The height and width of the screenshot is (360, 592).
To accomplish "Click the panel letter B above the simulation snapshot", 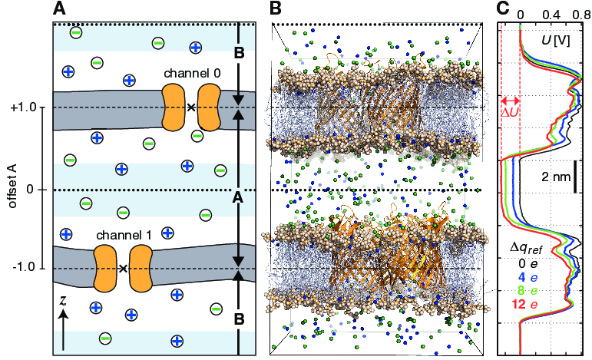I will (276, 9).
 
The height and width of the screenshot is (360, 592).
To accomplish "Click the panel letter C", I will (503, 9).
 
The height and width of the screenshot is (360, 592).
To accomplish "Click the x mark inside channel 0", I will (190, 107).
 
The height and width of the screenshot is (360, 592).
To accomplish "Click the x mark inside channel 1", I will (123, 268).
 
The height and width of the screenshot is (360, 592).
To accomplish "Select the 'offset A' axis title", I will (9, 189).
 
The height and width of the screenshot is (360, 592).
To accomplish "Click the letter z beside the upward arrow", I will (63, 301).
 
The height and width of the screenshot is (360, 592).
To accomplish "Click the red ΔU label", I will (509, 113).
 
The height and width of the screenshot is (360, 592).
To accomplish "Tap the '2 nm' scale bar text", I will (556, 177).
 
